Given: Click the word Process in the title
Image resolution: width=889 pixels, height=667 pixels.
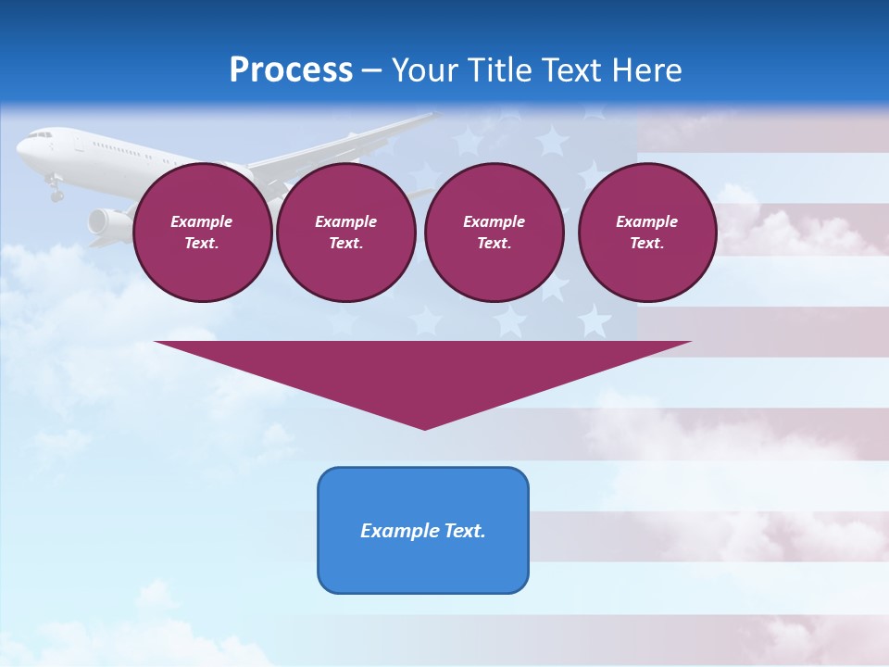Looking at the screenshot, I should click(x=291, y=70).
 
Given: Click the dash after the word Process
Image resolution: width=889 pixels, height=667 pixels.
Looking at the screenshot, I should click(x=372, y=72).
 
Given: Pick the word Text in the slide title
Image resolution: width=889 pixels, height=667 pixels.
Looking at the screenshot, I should click(x=572, y=70).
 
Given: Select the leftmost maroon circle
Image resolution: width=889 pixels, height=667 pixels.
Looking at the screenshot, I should click(x=202, y=233).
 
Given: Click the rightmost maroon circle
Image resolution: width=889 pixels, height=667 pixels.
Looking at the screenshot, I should click(x=646, y=233).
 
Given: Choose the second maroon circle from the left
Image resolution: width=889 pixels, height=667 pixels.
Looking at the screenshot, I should click(x=345, y=233).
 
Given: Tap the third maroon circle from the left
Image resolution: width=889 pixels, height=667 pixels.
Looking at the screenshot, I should click(x=494, y=233).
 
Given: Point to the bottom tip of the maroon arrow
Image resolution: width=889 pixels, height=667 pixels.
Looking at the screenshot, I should click(x=424, y=428).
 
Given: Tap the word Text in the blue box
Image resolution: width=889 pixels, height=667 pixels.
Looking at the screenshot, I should click(x=463, y=531).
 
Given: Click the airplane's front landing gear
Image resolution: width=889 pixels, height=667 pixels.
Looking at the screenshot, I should click(x=56, y=192).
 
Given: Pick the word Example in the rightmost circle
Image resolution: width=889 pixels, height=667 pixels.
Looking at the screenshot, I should click(x=646, y=221).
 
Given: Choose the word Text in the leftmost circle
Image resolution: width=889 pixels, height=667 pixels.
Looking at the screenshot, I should click(x=202, y=244).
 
